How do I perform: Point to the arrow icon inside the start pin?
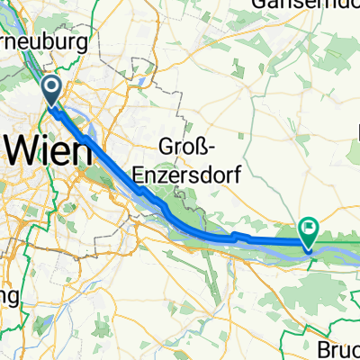tap(50, 87)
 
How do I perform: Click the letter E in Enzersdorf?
tap(139, 174)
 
